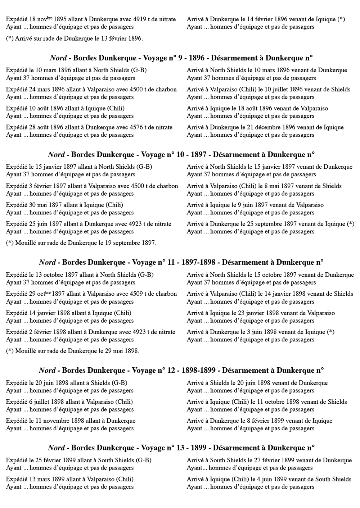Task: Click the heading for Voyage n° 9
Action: pyautogui.click(x=181, y=58)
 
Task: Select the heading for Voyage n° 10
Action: pyautogui.click(x=181, y=155)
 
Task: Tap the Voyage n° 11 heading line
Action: pyautogui.click(x=181, y=263)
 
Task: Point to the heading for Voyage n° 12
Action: pyautogui.click(x=181, y=371)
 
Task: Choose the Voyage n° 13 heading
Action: pyautogui.click(x=181, y=448)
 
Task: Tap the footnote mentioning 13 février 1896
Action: pyautogui.click(x=75, y=38)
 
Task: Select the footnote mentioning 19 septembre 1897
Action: pyautogui.click(x=81, y=243)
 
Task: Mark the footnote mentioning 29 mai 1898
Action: pyautogui.click(x=73, y=351)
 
